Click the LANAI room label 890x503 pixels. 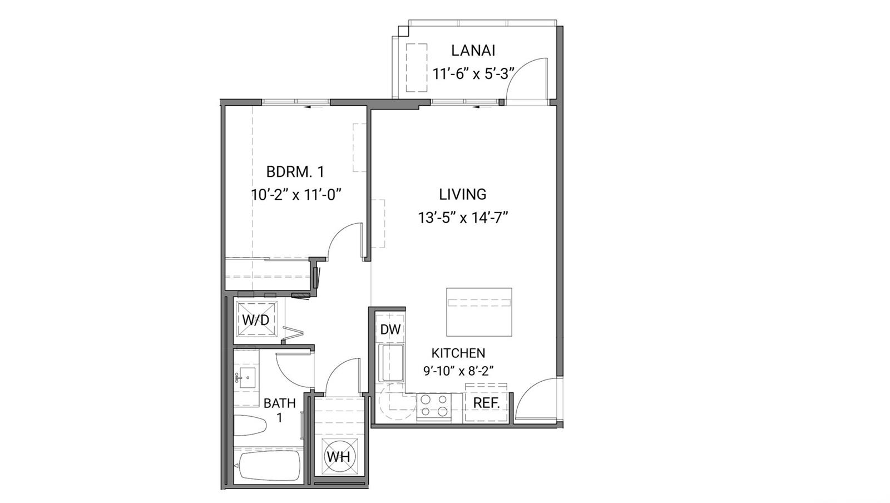pyautogui.click(x=473, y=51)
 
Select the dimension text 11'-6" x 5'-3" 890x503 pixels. pyautogui.click(x=473, y=74)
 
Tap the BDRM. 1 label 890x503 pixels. pyautogui.click(x=295, y=172)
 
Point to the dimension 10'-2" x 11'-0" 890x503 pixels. pyautogui.click(x=296, y=195)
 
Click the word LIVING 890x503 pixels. pyautogui.click(x=462, y=194)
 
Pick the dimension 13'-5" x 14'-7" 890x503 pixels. pyautogui.click(x=463, y=218)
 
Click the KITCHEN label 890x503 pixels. pyautogui.click(x=458, y=353)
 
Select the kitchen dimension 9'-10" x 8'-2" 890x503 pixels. pyautogui.click(x=458, y=371)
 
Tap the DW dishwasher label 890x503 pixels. pyautogui.click(x=390, y=329)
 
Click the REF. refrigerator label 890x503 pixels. pyautogui.click(x=486, y=403)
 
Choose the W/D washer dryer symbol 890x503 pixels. pyautogui.click(x=256, y=319)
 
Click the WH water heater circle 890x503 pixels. pyautogui.click(x=339, y=457)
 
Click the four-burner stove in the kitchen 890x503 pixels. pyautogui.click(x=434, y=406)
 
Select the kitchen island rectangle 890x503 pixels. pyautogui.click(x=479, y=312)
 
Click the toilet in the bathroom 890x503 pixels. pyautogui.click(x=250, y=426)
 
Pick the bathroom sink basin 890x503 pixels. pyautogui.click(x=248, y=378)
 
